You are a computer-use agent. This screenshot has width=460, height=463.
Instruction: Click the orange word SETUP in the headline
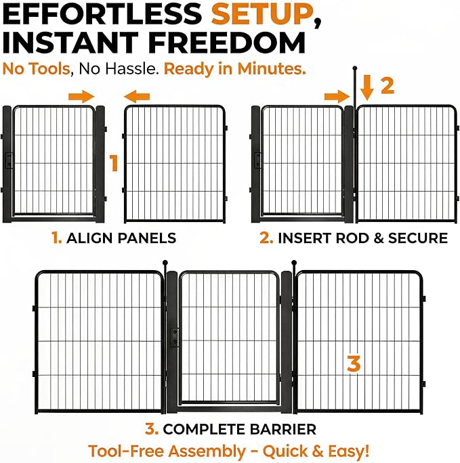tap(263, 14)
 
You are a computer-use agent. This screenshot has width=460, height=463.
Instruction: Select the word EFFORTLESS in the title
tap(102, 14)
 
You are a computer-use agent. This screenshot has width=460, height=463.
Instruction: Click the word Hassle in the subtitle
tap(131, 69)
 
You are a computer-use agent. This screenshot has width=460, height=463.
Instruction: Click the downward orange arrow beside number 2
tap(367, 88)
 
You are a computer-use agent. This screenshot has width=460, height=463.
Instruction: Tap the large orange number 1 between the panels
tap(114, 162)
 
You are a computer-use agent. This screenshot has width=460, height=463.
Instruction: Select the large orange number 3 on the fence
tap(354, 363)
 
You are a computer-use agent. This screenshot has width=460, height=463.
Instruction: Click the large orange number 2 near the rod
tap(388, 86)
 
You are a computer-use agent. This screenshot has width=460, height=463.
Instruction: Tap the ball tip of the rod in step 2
tap(355, 68)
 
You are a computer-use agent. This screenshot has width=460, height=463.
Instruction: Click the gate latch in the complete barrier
tap(174, 337)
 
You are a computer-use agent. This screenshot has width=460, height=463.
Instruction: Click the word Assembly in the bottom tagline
tap(207, 451)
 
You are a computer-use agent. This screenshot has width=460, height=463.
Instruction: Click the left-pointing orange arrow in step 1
tap(137, 97)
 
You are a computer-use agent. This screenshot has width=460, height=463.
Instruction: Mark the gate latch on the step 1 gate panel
tap(9, 160)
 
